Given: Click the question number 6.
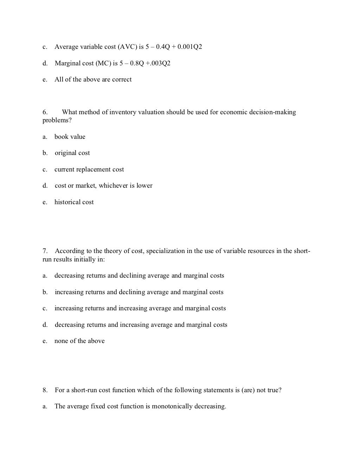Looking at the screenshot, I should coord(45,112).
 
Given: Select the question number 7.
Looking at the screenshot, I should coord(45,251).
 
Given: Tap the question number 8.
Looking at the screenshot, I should coord(45,390).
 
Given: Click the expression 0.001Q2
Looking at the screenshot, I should coord(190,47).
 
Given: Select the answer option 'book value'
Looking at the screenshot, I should coord(70,137).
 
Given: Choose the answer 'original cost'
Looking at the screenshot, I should coord(72,153).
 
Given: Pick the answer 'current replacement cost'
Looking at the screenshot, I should coord(89,169).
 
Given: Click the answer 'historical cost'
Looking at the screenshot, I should coord(74,202).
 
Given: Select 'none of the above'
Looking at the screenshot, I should coord(79,341).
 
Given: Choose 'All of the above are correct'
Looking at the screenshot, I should coord(93,79).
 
